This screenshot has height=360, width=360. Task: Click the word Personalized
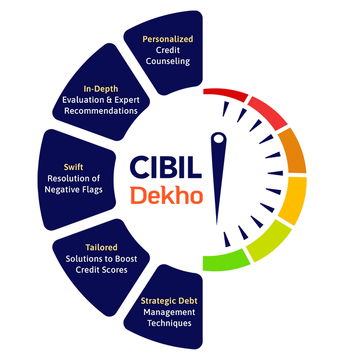[168, 39]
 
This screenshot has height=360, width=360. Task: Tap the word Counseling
[168, 61]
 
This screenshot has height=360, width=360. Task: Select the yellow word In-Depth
[101, 89]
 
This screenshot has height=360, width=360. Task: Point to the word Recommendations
[101, 111]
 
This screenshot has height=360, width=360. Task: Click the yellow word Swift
[73, 167]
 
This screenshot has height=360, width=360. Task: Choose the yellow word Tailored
[101, 248]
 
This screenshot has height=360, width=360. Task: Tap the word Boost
[126, 259]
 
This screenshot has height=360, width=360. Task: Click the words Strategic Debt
[169, 301]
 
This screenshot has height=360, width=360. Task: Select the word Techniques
[169, 323]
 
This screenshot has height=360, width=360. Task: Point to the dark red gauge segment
[225, 94]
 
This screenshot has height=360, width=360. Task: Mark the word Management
[169, 312]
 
